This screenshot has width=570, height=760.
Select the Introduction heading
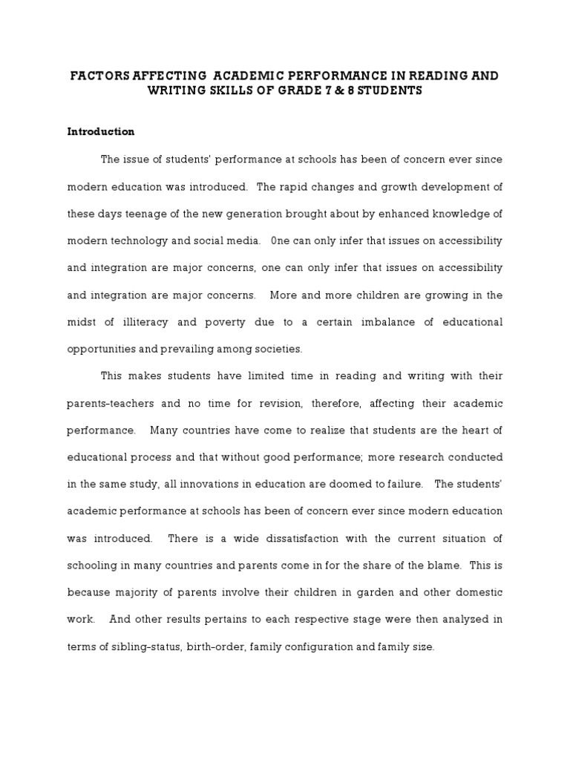click(x=101, y=131)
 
